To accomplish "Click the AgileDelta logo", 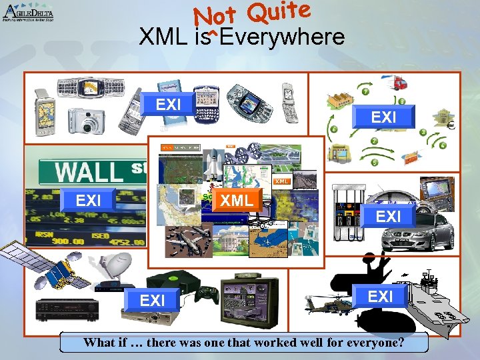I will click(x=28, y=13).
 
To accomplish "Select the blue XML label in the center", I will click(x=237, y=200).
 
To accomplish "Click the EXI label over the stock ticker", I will click(x=89, y=200).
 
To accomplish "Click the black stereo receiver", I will click(x=67, y=308).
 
